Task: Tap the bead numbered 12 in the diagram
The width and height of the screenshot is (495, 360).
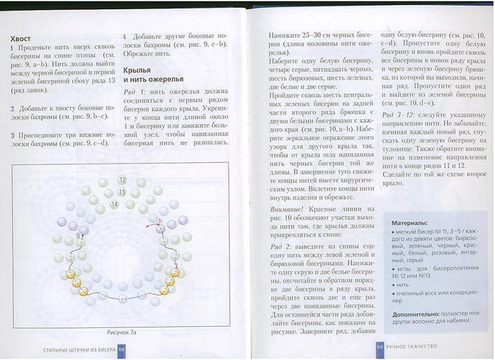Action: click(122, 181)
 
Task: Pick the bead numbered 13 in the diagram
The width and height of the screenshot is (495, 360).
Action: click(122, 192)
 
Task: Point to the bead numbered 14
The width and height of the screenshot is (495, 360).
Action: click(114, 204)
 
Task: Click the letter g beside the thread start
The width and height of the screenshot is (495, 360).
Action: click(78, 235)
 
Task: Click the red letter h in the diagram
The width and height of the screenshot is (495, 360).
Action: click(161, 221)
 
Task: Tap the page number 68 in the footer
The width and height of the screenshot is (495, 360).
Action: click(122, 349)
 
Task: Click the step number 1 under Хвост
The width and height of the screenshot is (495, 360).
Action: click(12, 46)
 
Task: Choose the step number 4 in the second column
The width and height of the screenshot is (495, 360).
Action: click(125, 36)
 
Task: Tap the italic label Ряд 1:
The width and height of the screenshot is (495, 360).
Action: click(134, 92)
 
